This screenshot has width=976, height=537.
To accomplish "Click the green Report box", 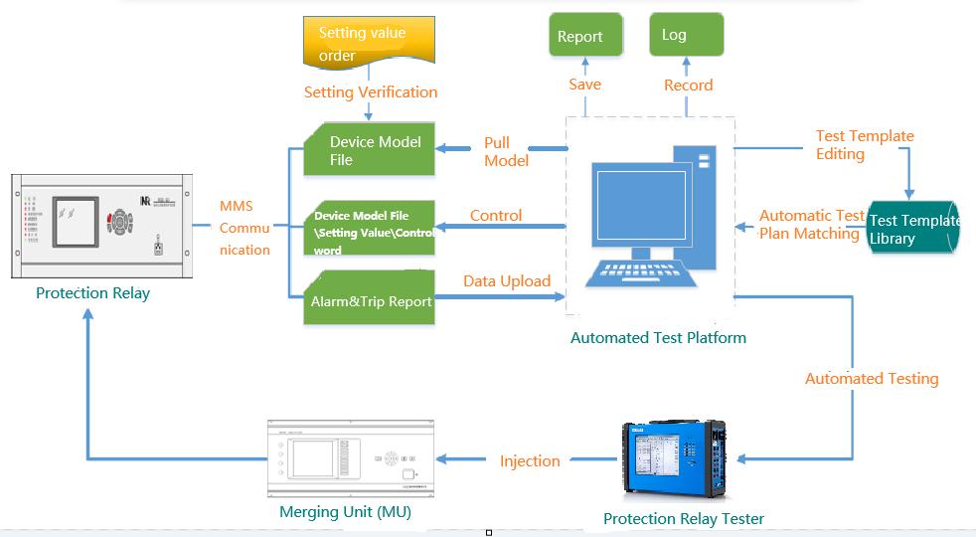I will point(585,36).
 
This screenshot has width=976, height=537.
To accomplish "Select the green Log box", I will point(686,35).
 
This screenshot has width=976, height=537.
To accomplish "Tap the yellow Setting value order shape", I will point(367,45).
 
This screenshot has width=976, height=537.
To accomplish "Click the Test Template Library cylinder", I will point(910,229).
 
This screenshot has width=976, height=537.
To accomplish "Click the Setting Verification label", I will point(370,92).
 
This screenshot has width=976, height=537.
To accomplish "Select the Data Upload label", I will point(506,281).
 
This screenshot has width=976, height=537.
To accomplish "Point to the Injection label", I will point(529,460).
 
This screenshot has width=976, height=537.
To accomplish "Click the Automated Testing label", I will point(871,378).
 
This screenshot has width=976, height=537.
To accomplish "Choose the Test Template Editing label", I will point(864,145).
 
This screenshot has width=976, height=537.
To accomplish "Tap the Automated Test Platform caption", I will point(658,338).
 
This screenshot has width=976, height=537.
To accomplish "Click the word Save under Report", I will point(584,85).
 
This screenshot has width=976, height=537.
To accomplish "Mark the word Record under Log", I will point(688,86).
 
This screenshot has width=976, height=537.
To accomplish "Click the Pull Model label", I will point(506,151).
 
